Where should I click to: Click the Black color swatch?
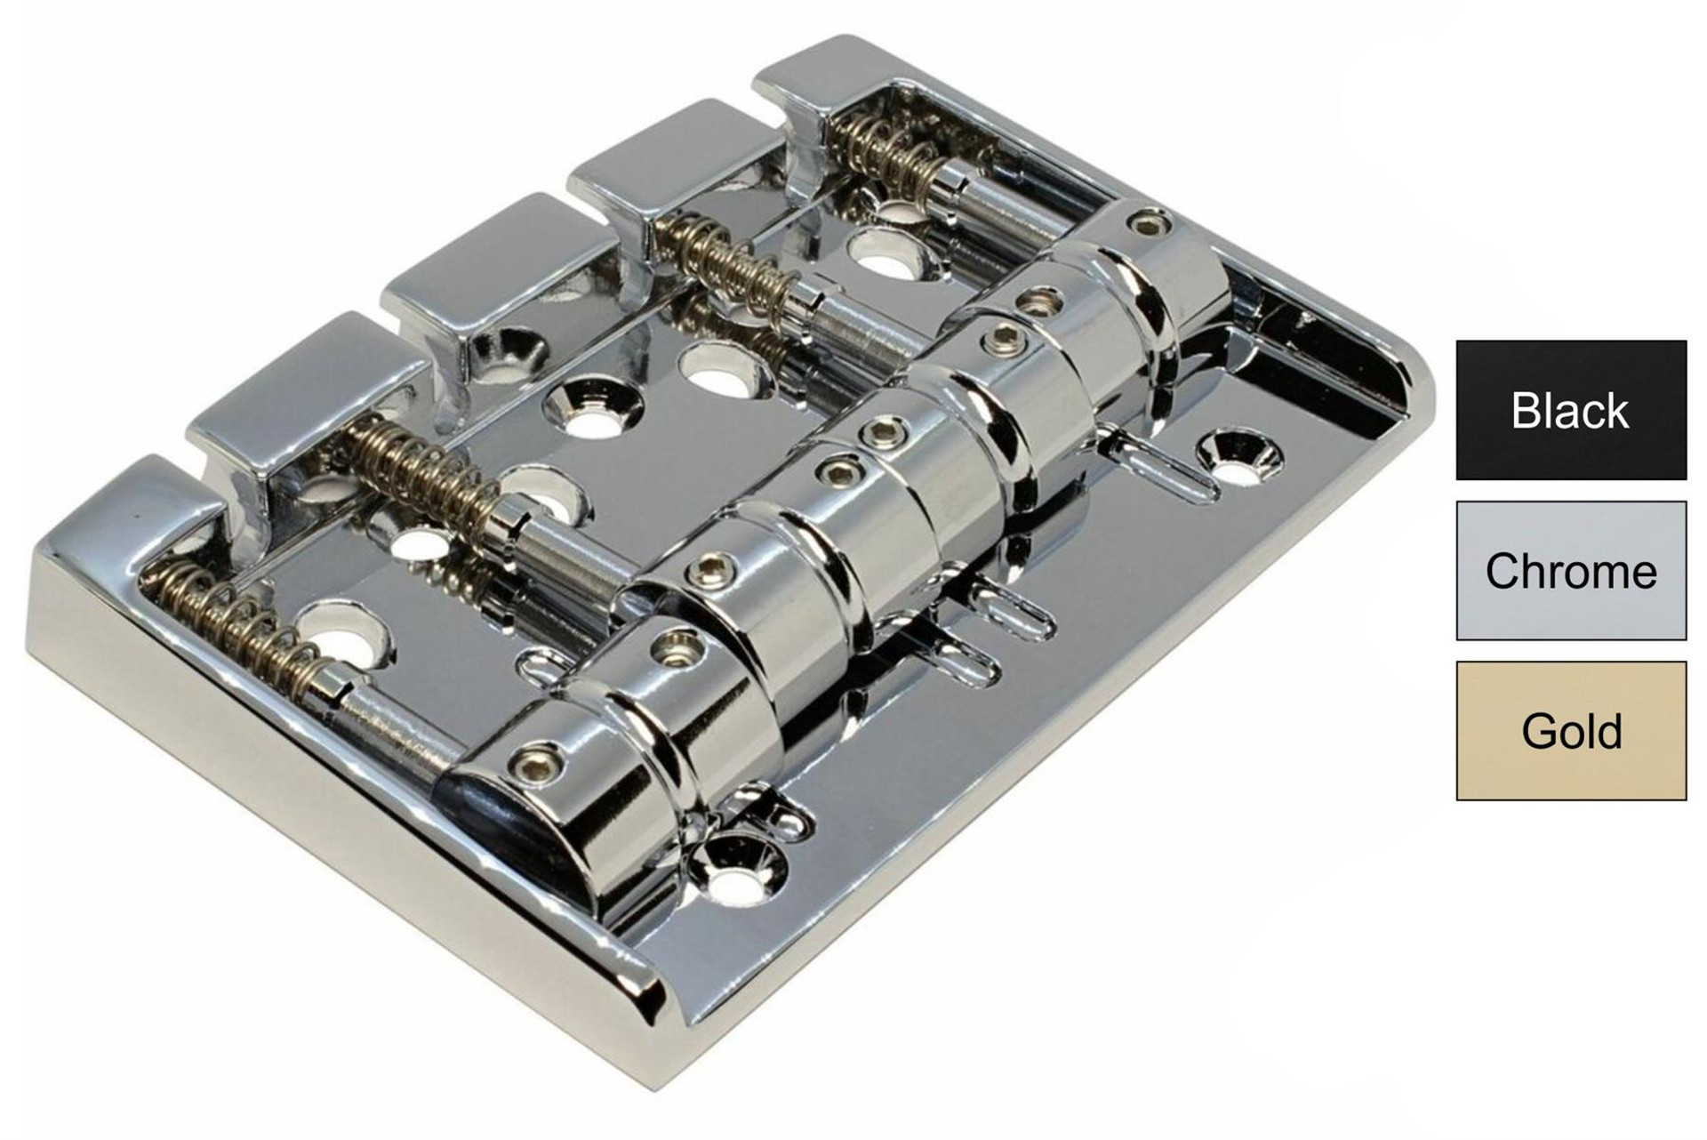click(x=1571, y=410)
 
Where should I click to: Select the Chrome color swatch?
click(x=1571, y=570)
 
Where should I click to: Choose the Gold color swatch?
click(x=1571, y=730)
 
